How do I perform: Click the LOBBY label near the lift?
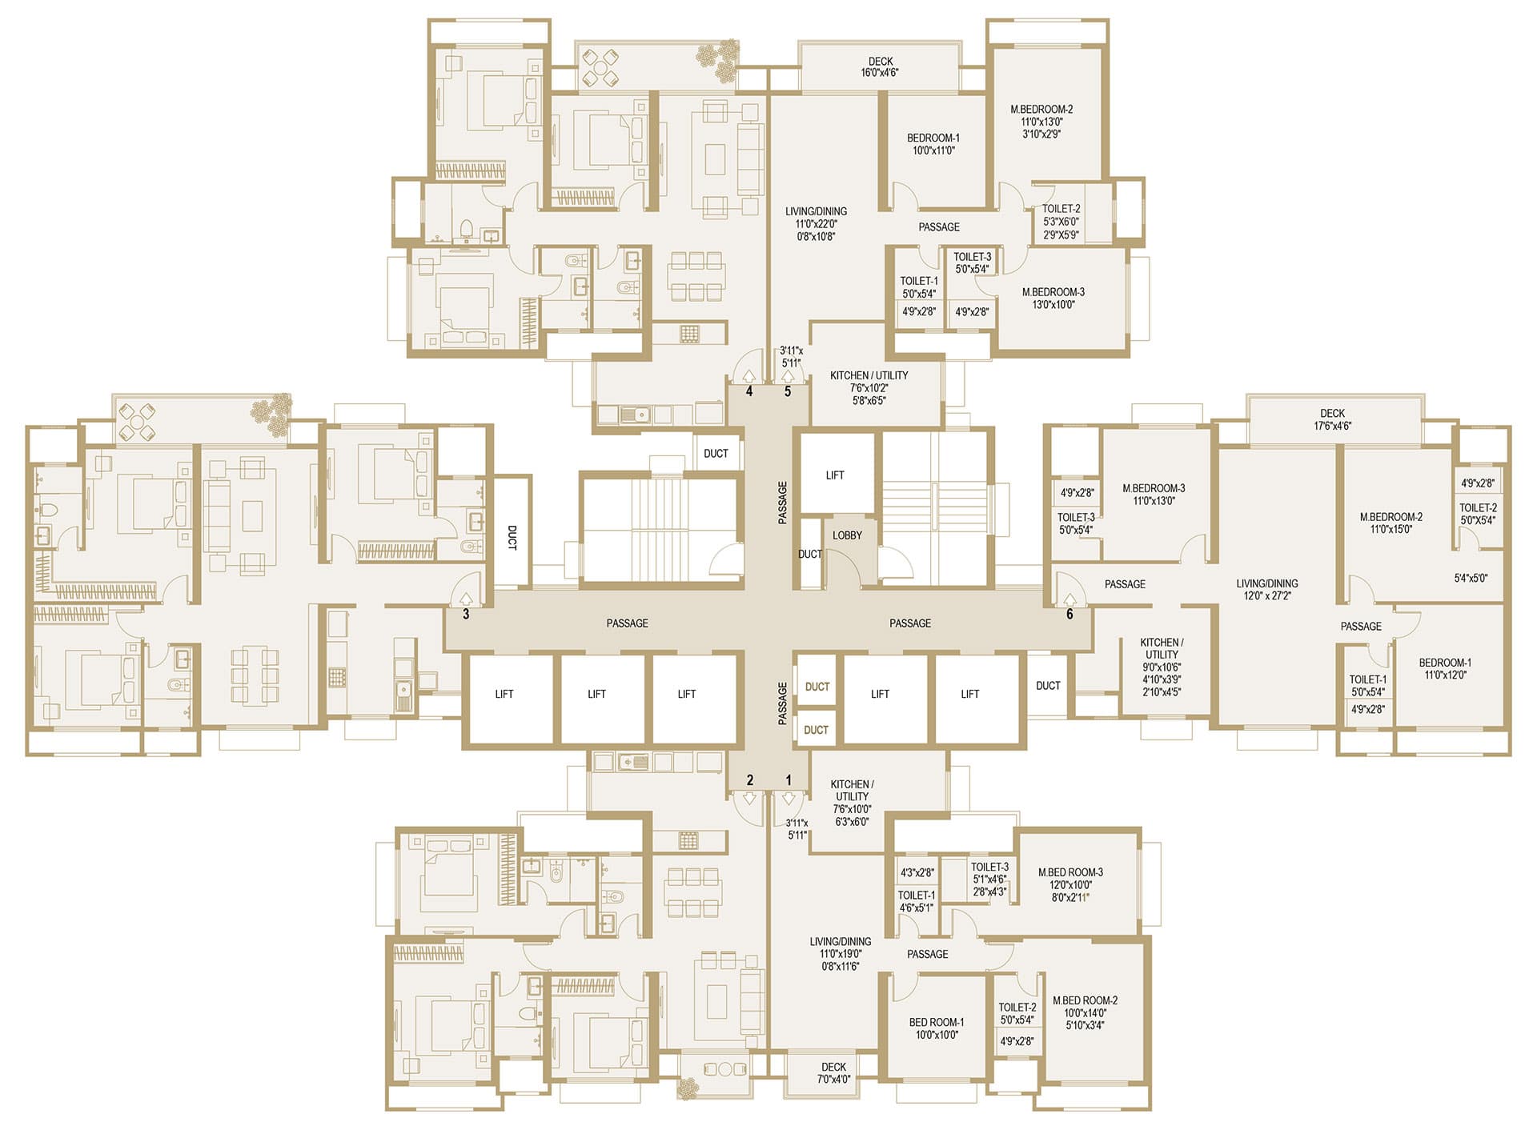click(x=847, y=535)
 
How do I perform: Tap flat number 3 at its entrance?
click(x=466, y=615)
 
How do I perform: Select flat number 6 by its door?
click(x=1069, y=615)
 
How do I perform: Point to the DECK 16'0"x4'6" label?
click(x=880, y=66)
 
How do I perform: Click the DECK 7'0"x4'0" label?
click(x=833, y=1072)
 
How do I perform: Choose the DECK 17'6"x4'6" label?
click(x=1332, y=419)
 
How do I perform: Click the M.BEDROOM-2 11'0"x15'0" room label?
click(x=1391, y=523)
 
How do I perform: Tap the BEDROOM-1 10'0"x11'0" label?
click(x=933, y=144)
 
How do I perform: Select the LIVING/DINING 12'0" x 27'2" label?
click(x=1267, y=590)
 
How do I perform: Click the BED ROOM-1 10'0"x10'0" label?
click(x=937, y=1028)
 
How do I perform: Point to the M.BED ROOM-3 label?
click(x=1070, y=872)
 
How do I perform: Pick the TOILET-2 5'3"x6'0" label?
click(x=1061, y=214)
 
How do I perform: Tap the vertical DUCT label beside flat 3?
click(x=512, y=537)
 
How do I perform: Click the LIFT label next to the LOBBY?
click(x=835, y=475)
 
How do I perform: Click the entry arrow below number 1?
click(x=789, y=798)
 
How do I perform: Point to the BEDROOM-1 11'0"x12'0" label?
click(x=1445, y=668)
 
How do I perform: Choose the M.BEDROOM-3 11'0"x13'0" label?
click(x=1154, y=495)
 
